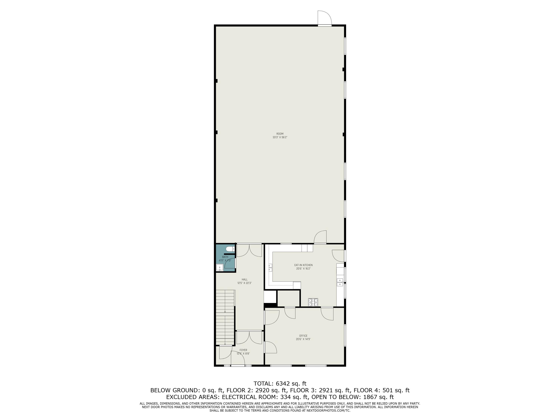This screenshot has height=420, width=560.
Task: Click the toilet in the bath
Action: pos(230,249)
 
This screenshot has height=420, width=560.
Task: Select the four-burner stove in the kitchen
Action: pos(313,302)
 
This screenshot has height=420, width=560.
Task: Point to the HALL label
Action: pos(245,279)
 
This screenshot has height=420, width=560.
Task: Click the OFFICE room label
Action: pos(303,336)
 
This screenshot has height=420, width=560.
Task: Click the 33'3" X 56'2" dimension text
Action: pos(280,137)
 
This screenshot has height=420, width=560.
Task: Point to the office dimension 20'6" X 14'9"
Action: pos(303,339)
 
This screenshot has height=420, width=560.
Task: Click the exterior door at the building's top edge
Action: pos(325,18)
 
